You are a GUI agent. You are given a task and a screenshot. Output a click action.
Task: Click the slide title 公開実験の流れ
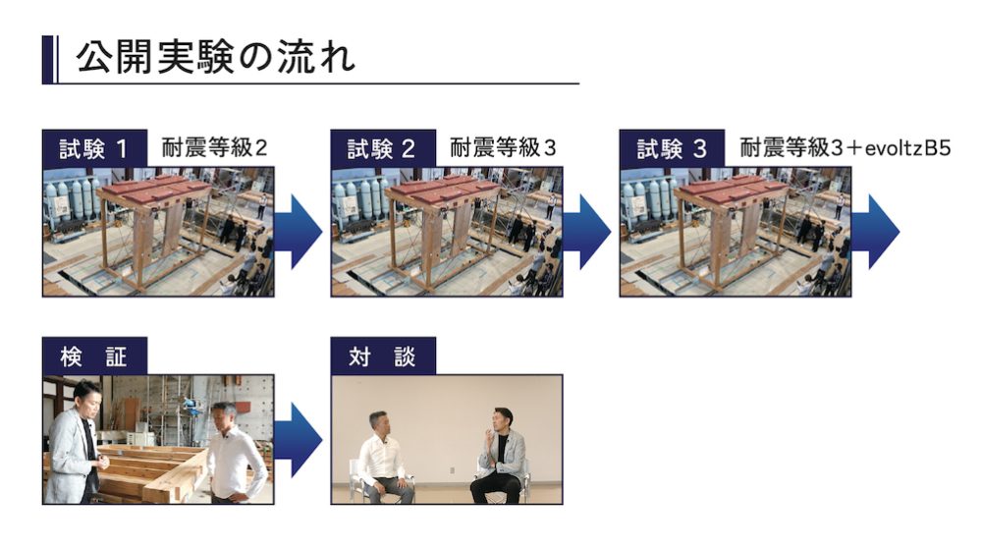(x=215, y=59)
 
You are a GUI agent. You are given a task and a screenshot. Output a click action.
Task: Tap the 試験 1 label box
(x=94, y=149)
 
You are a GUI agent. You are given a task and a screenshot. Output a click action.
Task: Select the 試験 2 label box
(x=383, y=149)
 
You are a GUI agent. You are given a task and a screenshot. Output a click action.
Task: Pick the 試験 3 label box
(x=672, y=149)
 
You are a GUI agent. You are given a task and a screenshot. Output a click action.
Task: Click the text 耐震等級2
(x=214, y=149)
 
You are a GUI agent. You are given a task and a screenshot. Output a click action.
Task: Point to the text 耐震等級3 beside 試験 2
(x=503, y=149)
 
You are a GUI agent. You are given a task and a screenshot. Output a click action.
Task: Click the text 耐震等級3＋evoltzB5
(x=846, y=149)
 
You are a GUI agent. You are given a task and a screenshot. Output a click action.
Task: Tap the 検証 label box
(x=94, y=356)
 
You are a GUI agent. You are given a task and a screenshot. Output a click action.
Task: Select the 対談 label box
(x=383, y=356)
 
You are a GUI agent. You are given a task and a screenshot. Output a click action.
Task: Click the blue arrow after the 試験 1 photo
(x=299, y=232)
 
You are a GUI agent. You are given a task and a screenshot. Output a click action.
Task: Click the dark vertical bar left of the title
(x=46, y=59)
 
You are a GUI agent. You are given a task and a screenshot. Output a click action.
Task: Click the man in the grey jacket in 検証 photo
(x=76, y=442)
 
